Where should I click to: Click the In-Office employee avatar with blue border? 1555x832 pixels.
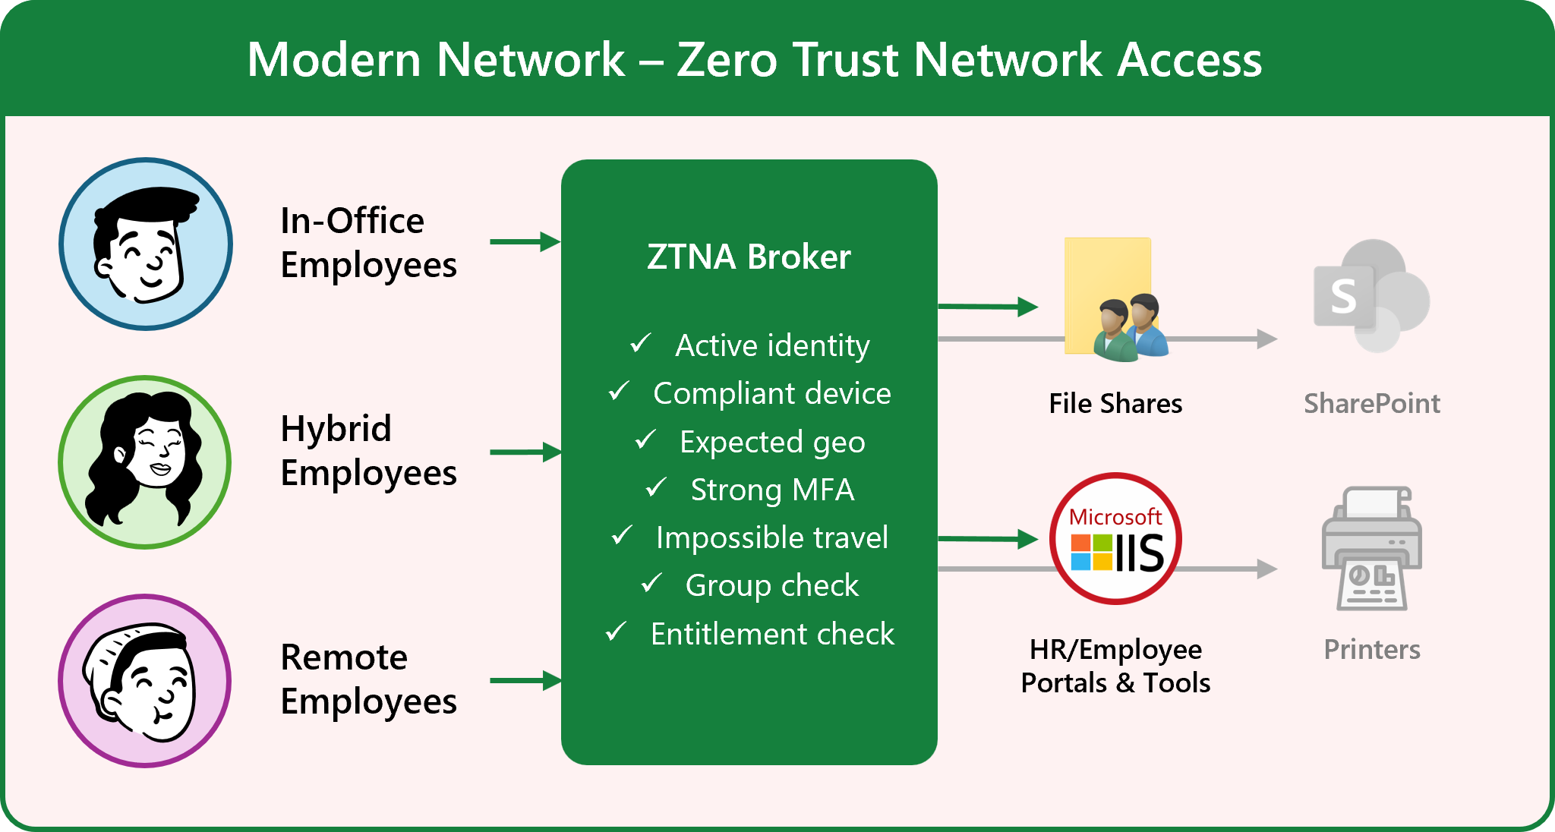pyautogui.click(x=146, y=244)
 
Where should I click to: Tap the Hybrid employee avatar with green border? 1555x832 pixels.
pyautogui.click(x=145, y=462)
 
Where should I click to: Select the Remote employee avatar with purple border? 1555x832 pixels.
pyautogui.click(x=145, y=680)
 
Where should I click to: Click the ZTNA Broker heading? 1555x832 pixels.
pyautogui.click(x=749, y=257)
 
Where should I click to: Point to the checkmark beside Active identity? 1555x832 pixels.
pyautogui.click(x=640, y=343)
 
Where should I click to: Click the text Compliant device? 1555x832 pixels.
pyautogui.click(x=771, y=393)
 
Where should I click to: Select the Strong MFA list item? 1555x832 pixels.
pyautogui.click(x=771, y=490)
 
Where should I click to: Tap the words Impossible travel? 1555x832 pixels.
pyautogui.click(x=771, y=537)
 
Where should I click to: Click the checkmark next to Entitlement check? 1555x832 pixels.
pyautogui.click(x=616, y=632)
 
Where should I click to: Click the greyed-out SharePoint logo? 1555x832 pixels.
pyautogui.click(x=1371, y=296)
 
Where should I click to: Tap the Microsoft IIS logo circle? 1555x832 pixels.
pyautogui.click(x=1115, y=539)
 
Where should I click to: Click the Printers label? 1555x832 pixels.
pyautogui.click(x=1371, y=650)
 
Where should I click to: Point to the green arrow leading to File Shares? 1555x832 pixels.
pyautogui.click(x=988, y=307)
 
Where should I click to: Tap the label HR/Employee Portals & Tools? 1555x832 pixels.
pyautogui.click(x=1115, y=666)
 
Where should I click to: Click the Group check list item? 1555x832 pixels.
pyautogui.click(x=771, y=585)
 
